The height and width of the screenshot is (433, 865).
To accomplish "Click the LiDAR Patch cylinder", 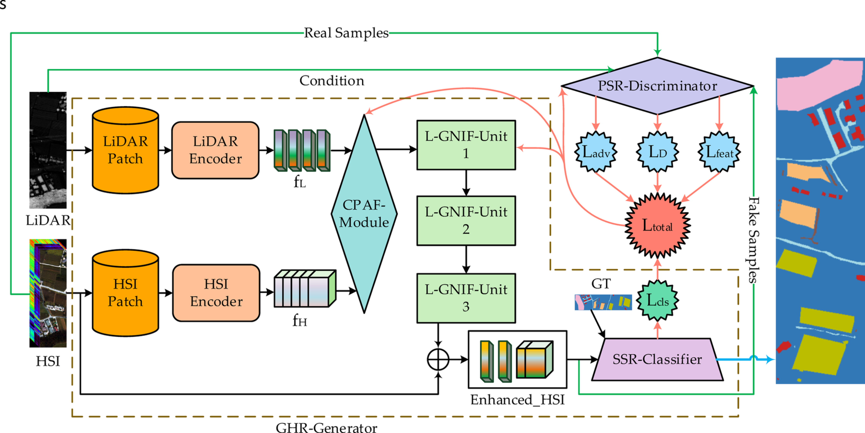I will point(125,150).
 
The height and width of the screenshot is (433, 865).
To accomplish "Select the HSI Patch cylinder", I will point(125,293).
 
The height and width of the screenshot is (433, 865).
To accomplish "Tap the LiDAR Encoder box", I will point(215,150).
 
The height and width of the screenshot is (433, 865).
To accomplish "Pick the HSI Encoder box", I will point(216,293).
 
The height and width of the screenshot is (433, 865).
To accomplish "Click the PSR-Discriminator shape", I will point(657,86).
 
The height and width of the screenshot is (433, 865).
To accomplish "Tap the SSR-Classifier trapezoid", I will point(657,360).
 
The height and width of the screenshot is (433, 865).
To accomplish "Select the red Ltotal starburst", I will point(657,225).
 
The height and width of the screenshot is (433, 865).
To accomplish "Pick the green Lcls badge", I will point(657,300).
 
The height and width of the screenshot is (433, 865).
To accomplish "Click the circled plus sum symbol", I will point(438,360).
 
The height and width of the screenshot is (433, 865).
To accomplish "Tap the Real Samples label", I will point(346,33).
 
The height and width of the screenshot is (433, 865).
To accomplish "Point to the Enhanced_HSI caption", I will point(517,400).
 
